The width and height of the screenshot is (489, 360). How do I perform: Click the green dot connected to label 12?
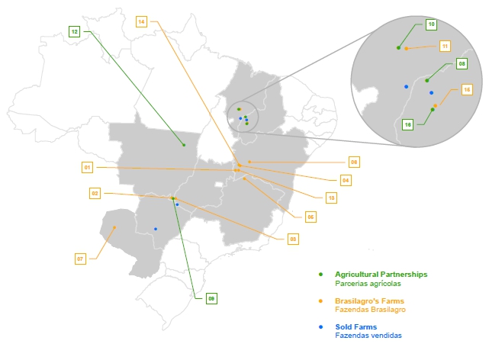184,145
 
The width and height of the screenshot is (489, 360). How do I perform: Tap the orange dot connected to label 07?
114,227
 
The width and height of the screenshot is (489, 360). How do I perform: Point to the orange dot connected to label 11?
407,49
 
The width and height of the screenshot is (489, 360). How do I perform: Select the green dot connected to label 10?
398,48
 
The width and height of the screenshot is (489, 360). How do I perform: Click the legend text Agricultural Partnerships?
381,275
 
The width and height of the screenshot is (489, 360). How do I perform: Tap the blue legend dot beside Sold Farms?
320,327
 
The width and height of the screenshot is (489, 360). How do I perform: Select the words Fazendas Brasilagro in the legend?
370,310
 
